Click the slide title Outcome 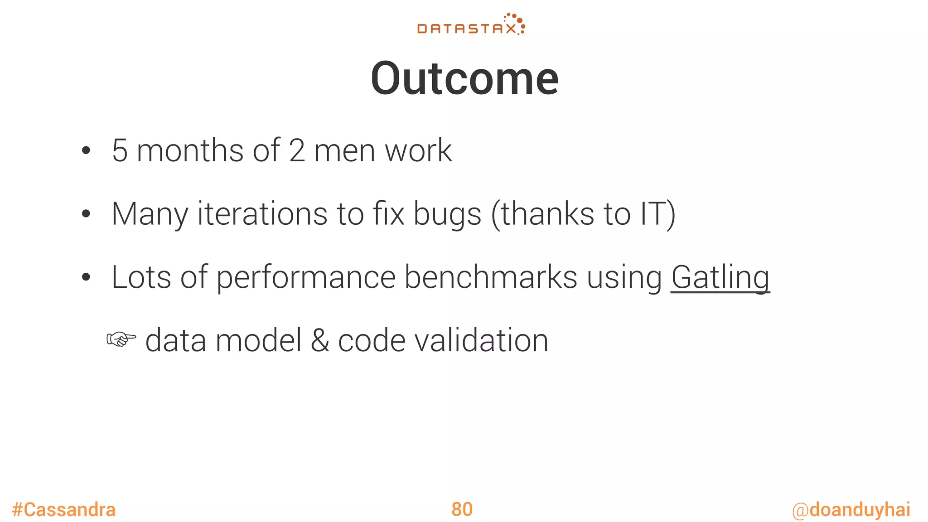point(464,79)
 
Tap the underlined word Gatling point(720,277)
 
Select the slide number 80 point(462,509)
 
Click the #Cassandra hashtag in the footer point(64,510)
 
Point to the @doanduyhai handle point(851,510)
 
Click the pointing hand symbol point(121,339)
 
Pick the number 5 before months point(120,151)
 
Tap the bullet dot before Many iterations point(86,214)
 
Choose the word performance point(306,278)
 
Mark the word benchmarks point(490,277)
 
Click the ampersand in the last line point(320,341)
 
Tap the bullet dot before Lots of point(86,277)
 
